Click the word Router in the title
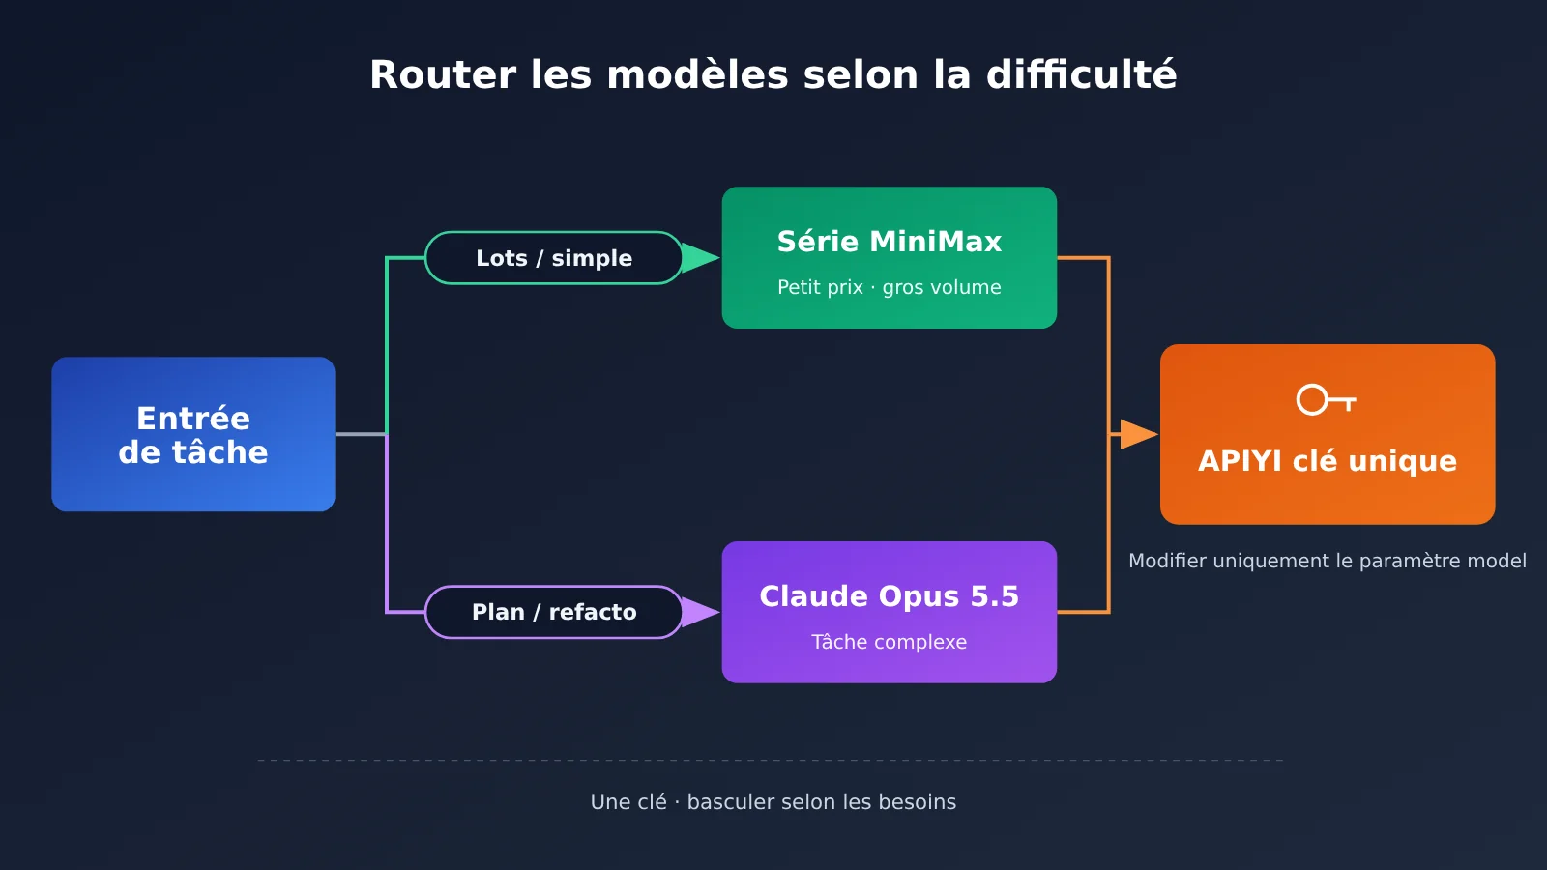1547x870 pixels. point(443,74)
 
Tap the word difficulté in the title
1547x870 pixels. point(1082,73)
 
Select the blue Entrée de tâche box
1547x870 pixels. point(193,434)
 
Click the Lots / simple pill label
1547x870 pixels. point(554,258)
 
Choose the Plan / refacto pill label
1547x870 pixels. point(554,613)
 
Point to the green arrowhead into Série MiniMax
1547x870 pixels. point(700,258)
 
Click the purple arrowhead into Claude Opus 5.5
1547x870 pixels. point(700,613)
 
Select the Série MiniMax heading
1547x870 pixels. point(890,242)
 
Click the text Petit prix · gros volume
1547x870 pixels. point(890,287)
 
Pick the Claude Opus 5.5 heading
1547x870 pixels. point(890,596)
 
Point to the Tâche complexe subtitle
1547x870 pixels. point(890,642)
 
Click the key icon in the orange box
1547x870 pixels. point(1326,400)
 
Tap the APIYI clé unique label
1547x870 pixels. point(1328,461)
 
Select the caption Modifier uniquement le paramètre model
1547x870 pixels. point(1328,561)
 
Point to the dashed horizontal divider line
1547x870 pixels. point(771,760)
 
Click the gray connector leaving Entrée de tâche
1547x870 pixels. point(361,434)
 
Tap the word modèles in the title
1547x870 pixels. point(697,74)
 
